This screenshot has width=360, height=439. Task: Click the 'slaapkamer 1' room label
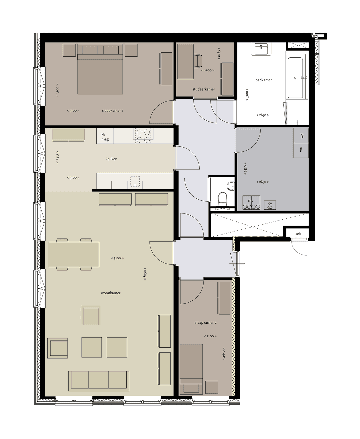click(112, 110)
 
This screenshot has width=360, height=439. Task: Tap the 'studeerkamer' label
click(203, 89)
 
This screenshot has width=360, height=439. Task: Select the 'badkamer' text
click(264, 80)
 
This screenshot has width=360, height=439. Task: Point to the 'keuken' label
click(111, 159)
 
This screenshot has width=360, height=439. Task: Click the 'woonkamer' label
click(111, 293)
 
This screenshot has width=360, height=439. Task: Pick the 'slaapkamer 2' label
click(206, 323)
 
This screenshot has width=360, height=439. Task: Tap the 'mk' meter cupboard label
click(298, 234)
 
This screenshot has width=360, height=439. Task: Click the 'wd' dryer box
click(301, 136)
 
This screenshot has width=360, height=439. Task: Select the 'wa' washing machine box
click(301, 150)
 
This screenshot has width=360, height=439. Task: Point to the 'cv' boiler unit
click(270, 204)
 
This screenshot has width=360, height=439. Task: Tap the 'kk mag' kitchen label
click(105, 137)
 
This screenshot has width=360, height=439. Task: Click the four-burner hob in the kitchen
click(143, 136)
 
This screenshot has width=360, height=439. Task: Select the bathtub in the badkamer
click(295, 78)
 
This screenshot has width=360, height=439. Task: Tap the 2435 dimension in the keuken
click(58, 157)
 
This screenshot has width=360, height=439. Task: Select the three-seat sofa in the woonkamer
click(99, 380)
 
